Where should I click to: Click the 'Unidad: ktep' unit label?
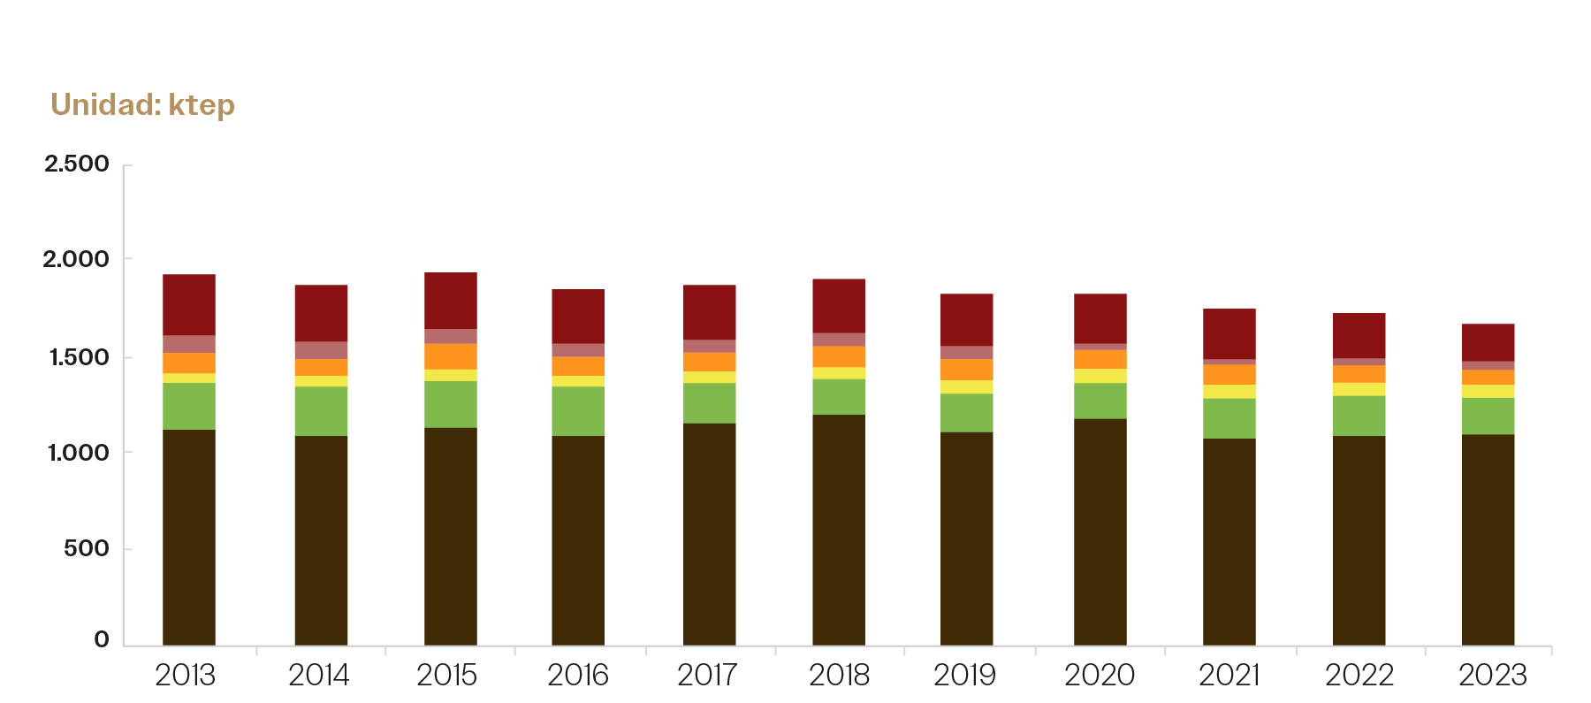[x=142, y=105]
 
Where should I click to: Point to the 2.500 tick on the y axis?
[x=77, y=164]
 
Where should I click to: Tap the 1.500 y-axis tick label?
[x=77, y=357]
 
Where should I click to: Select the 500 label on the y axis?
[x=86, y=548]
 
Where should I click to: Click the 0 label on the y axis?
[x=102, y=639]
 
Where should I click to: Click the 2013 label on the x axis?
[x=185, y=676]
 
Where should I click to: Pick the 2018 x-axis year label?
[x=839, y=676]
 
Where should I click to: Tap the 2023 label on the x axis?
[x=1492, y=676]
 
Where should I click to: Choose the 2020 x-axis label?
[x=1099, y=676]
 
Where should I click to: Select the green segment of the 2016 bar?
[x=578, y=411]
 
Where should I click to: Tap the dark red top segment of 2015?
[x=451, y=301]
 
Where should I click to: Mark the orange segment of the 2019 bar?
[x=967, y=370]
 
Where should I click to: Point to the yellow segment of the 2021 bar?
[x=1229, y=392]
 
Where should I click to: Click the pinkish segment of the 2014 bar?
[x=321, y=350]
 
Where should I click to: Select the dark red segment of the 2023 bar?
[x=1488, y=343]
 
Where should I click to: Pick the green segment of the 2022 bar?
[x=1359, y=416]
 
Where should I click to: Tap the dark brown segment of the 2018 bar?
[x=839, y=530]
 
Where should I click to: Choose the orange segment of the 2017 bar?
[x=710, y=363]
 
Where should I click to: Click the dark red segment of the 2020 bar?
[x=1100, y=318]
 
